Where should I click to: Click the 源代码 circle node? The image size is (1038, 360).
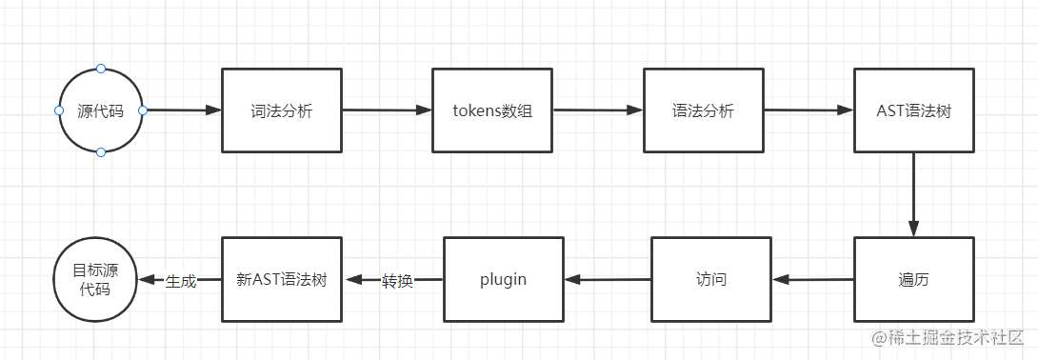click(x=100, y=110)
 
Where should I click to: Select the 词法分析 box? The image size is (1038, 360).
click(x=281, y=110)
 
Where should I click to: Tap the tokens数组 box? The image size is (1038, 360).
click(x=491, y=110)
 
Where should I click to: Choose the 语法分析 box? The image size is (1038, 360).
click(x=703, y=110)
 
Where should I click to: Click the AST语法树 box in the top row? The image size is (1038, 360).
click(x=913, y=110)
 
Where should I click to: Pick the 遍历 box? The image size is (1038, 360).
click(x=913, y=279)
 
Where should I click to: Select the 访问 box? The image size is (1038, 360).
click(x=710, y=279)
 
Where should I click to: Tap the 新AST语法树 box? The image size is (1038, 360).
click(x=281, y=279)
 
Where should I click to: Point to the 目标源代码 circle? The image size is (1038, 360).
click(x=92, y=279)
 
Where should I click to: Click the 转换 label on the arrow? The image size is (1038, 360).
click(x=397, y=281)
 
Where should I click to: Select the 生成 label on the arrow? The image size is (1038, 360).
click(x=180, y=281)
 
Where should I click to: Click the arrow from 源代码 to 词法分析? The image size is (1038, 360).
click(x=183, y=110)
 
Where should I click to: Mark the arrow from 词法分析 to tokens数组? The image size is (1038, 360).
click(x=386, y=110)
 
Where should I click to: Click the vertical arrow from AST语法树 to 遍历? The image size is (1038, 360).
click(x=913, y=194)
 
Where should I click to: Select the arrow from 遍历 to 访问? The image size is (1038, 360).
click(x=812, y=280)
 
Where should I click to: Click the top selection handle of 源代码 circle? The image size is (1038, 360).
click(x=101, y=70)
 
